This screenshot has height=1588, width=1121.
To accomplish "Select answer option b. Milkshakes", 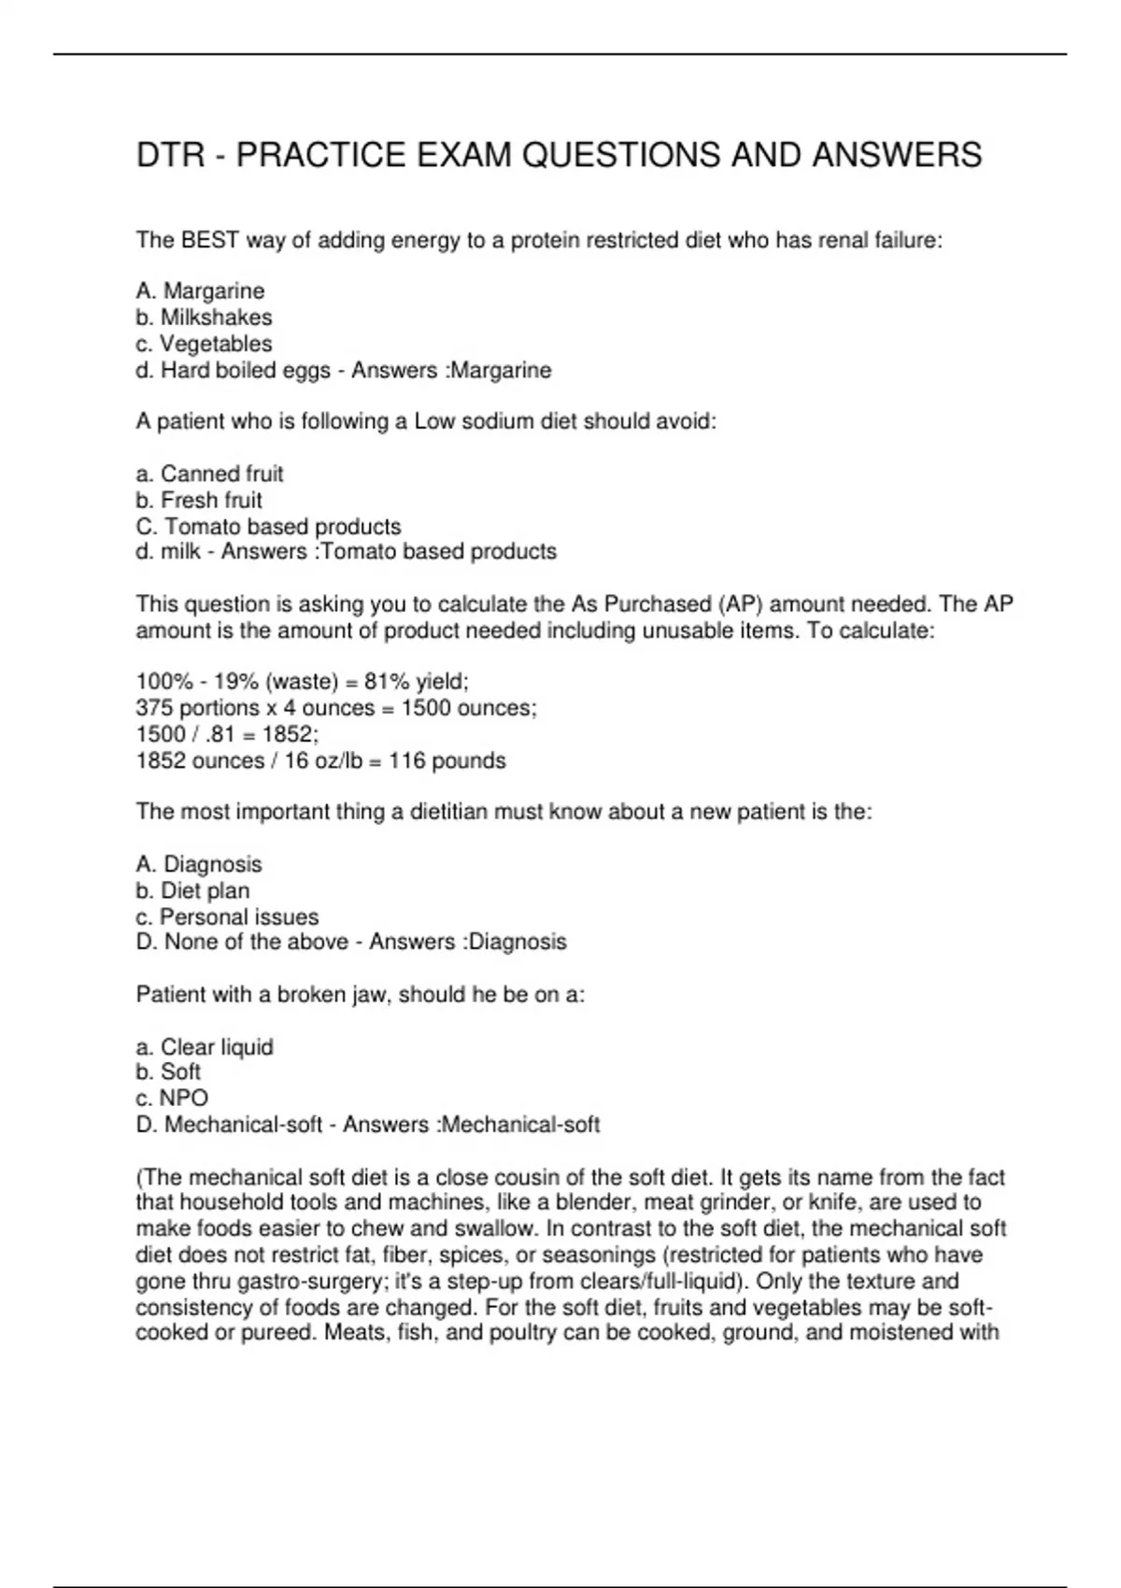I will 205,318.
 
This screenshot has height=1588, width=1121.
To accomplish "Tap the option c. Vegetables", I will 205,344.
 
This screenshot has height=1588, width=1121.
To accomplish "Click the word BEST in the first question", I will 210,241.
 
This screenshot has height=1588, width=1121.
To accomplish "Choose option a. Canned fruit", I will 210,474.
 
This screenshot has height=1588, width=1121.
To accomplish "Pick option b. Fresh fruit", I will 200,500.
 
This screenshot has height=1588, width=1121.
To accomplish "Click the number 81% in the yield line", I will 387,682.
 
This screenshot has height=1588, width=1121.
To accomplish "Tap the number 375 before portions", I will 154,708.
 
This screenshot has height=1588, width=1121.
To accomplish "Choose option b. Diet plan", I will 193,890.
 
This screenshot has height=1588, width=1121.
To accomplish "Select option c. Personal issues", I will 228,916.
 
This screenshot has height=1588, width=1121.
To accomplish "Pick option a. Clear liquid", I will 206,1047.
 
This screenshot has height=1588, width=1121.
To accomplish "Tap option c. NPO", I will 172,1099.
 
